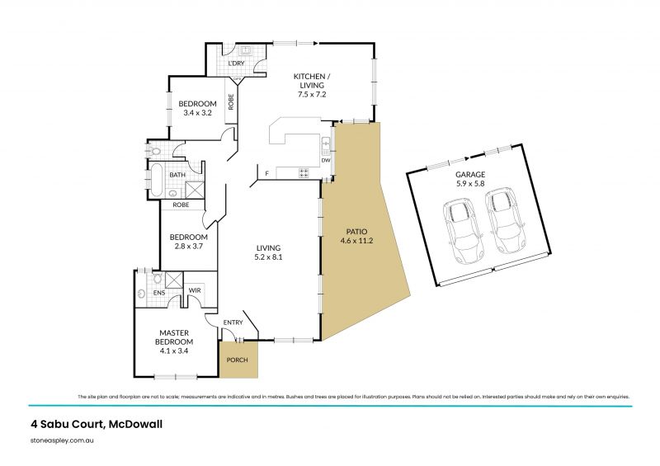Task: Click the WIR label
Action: [196, 290]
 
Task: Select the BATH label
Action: [177, 175]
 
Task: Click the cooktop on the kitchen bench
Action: [303, 173]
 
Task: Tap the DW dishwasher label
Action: [326, 160]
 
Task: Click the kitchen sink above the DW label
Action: [326, 145]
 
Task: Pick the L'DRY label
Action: [237, 64]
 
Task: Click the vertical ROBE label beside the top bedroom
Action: [231, 101]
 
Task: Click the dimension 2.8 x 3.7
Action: [188, 246]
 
